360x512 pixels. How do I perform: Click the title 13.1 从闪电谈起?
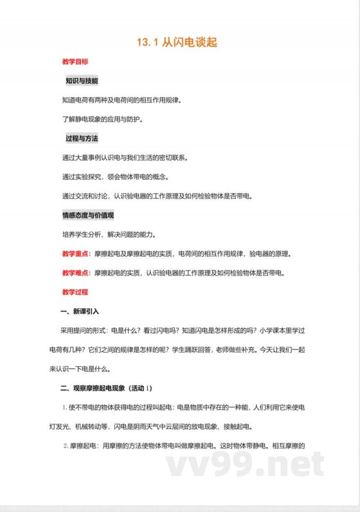(x=177, y=43)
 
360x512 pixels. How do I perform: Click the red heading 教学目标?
(x=75, y=62)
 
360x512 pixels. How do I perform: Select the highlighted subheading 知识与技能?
(x=81, y=81)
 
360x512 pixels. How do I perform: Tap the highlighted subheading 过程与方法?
(x=81, y=138)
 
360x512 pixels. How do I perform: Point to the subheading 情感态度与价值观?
(x=88, y=215)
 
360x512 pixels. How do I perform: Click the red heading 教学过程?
(x=75, y=292)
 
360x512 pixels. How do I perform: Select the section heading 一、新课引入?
(x=80, y=311)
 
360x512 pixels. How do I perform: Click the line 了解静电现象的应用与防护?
(x=104, y=119)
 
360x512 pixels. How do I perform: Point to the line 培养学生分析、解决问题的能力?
(x=110, y=235)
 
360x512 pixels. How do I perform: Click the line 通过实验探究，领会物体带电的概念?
(x=116, y=177)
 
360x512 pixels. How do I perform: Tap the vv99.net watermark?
(x=245, y=463)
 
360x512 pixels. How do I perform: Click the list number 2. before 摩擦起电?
(x=66, y=446)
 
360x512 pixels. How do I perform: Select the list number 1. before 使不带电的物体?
(x=65, y=408)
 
